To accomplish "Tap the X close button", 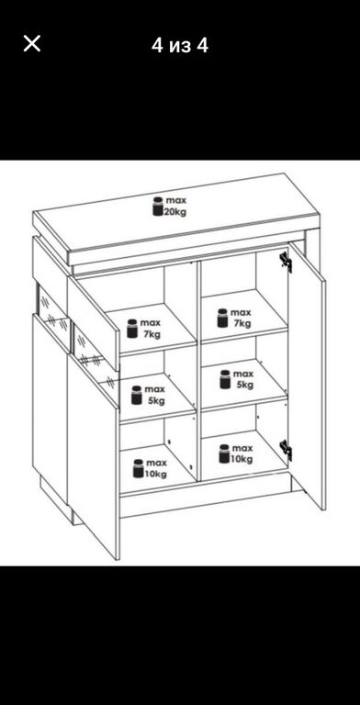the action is point(32,44).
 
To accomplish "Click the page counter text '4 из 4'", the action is point(180,45).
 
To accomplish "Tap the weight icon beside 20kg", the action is point(158,207).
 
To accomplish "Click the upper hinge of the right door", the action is point(286,262).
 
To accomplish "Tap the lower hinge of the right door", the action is point(286,450).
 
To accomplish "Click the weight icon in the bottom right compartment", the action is point(224,453).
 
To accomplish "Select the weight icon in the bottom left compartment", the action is point(138,468).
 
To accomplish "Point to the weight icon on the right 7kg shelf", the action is point(222,318).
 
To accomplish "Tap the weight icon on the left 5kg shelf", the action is point(136,395).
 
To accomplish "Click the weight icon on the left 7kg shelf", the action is point(132,329).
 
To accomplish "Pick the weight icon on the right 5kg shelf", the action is point(225,379).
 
